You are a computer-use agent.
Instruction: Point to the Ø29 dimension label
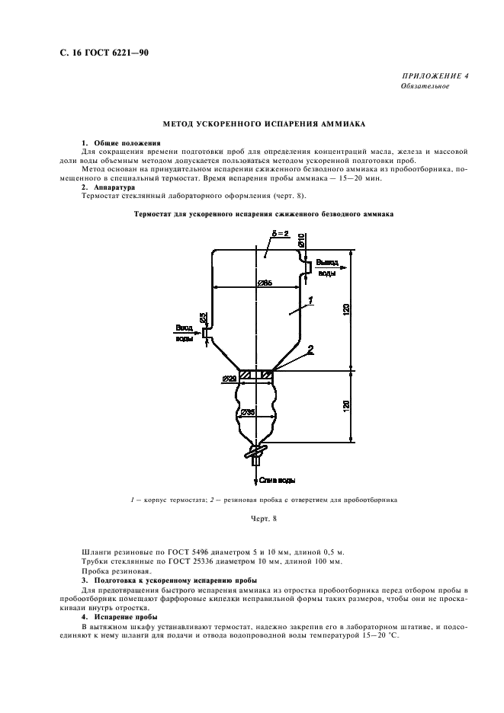(228, 377)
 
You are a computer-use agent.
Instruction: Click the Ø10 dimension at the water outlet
(302, 241)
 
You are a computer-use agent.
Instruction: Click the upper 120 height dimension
(346, 309)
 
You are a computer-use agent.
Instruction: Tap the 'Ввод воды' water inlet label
(185, 332)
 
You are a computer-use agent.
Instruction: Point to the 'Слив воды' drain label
(277, 480)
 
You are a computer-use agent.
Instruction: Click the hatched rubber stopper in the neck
(256, 375)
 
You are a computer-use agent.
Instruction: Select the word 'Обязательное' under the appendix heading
(425, 86)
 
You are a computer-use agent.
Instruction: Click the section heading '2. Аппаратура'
(108, 186)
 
